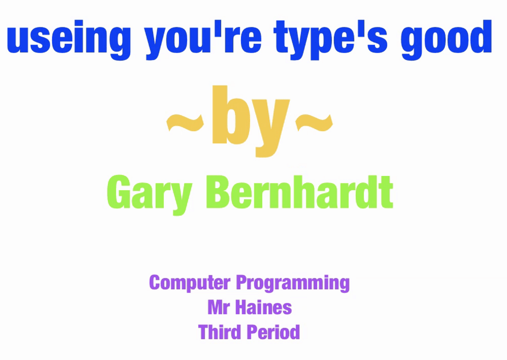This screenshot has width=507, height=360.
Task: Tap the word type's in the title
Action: click(x=331, y=39)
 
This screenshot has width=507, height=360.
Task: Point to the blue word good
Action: click(x=446, y=39)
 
